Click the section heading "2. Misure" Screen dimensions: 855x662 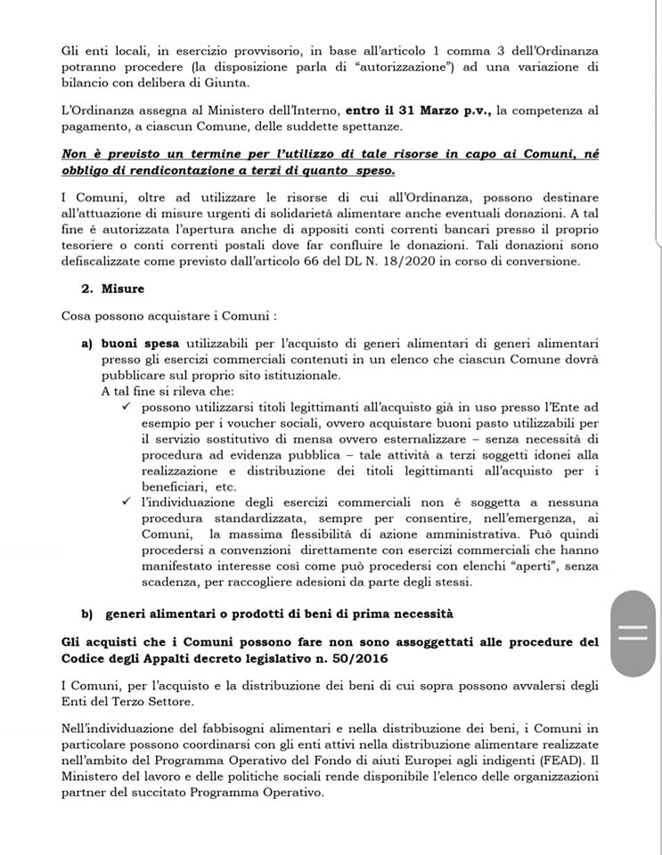pos(112,289)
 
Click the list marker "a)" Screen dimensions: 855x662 pos(87,342)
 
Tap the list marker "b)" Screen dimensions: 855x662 pos(87,614)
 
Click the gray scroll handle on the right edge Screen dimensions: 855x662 pos(635,633)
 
